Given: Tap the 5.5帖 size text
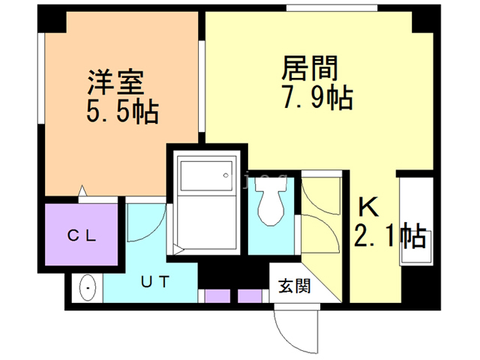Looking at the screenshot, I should tap(121, 112).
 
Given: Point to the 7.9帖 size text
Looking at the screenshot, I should tap(318, 98).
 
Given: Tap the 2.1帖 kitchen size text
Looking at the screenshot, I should tap(390, 237).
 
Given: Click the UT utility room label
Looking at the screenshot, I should tap(156, 283).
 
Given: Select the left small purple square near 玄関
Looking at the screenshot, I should tap(217, 295).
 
